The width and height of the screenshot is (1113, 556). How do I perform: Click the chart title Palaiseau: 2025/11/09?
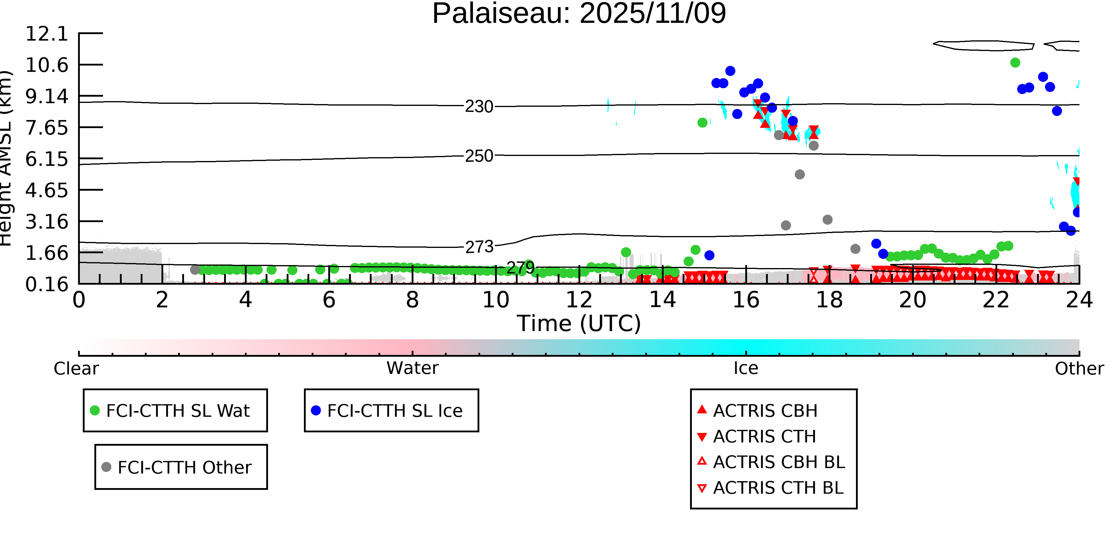pos(579,14)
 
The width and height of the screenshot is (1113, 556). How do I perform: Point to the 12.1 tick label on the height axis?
pos(47,34)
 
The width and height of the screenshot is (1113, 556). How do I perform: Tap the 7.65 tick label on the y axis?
pos(47,128)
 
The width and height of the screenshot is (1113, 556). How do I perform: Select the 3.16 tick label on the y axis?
pos(47,222)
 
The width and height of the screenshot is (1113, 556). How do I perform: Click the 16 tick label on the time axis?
pos(746,300)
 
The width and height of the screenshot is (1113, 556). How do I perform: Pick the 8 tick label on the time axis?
pos(412,300)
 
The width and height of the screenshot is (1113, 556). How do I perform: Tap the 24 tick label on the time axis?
pos(1079,300)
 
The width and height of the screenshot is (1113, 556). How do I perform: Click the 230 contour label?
pos(479,107)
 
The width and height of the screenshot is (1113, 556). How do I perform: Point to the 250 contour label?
pos(479,156)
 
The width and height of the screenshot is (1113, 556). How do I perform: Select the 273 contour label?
pos(479,247)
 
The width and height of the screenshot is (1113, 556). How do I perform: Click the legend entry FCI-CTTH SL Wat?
pos(177,410)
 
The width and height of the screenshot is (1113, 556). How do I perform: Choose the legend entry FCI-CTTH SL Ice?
pos(394,410)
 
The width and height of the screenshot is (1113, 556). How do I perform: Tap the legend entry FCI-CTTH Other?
pos(184,467)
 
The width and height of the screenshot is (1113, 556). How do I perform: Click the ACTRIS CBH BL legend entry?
pos(779,462)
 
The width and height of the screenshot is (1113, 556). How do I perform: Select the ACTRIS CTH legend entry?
pos(764,436)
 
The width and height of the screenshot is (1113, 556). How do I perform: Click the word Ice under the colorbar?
pos(746,368)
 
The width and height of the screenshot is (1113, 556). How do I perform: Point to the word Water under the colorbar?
pos(412,368)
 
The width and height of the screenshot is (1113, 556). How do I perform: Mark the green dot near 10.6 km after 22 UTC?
pos(1015,63)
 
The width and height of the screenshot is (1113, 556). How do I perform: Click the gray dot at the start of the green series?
pos(195,270)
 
